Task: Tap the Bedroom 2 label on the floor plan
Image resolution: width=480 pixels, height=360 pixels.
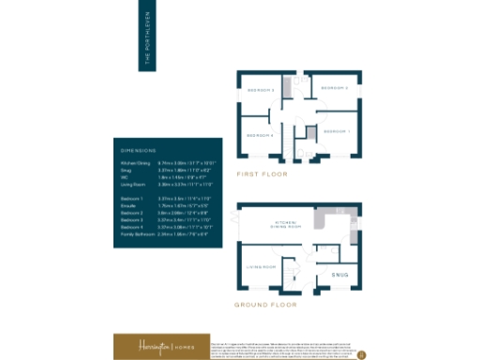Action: click(335, 88)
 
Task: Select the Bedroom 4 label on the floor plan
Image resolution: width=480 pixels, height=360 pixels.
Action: click(259, 136)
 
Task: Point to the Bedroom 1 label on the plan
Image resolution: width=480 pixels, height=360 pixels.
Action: click(337, 131)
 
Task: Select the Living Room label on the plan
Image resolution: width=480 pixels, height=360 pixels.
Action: click(260, 267)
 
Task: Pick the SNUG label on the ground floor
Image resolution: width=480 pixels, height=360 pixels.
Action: click(339, 275)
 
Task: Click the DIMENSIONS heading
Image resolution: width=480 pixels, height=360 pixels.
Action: click(138, 151)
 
